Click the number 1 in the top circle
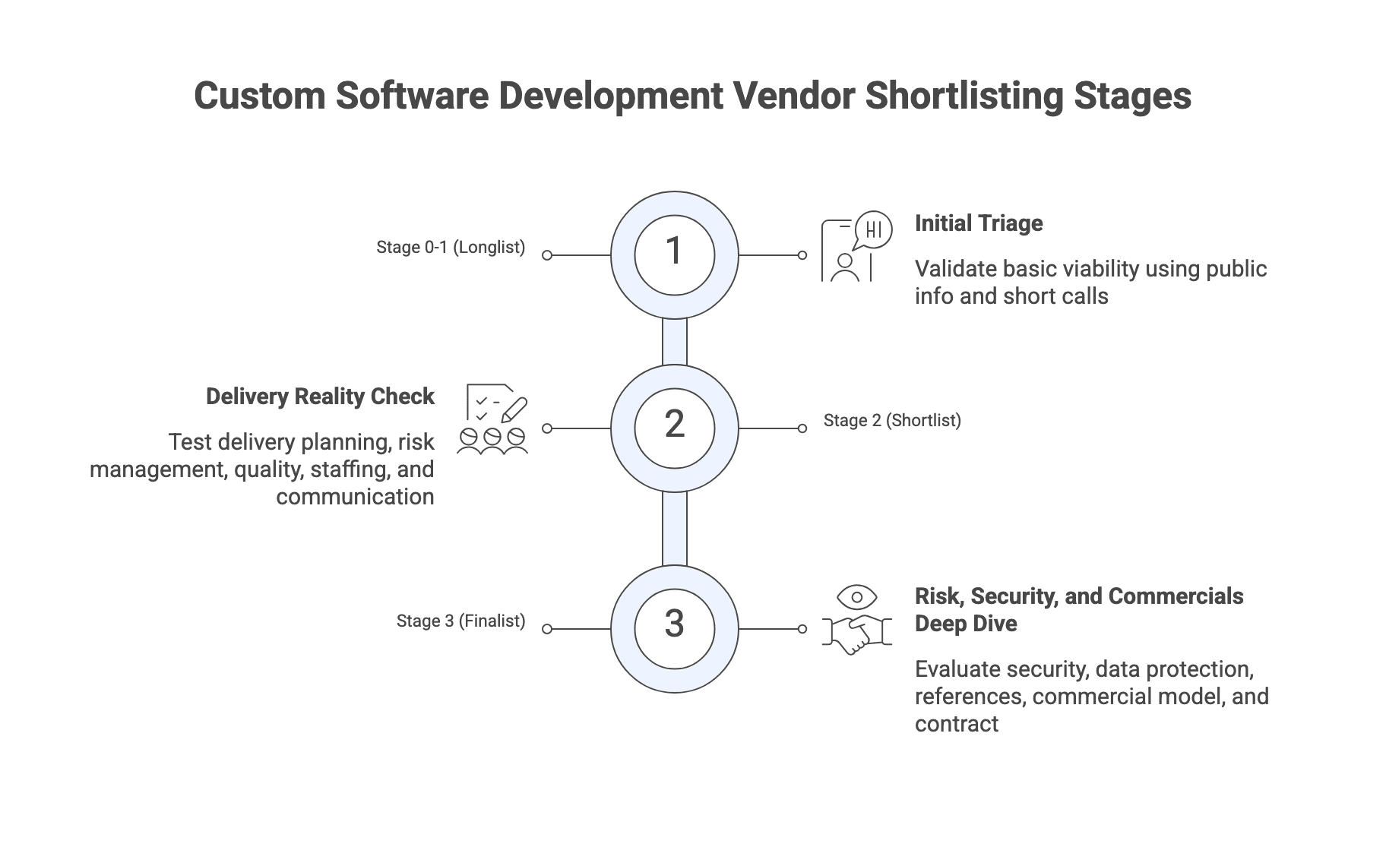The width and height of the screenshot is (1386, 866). tap(674, 252)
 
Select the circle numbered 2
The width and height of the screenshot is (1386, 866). tap(675, 427)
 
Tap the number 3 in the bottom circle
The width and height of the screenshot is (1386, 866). tap(675, 624)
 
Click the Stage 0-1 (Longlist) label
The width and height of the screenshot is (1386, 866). tap(451, 248)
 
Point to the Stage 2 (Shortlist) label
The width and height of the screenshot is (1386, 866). tap(892, 421)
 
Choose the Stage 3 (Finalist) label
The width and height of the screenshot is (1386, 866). tap(460, 621)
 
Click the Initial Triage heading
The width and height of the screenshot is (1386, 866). tap(979, 223)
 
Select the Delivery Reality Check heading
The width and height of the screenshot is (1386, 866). tap(320, 397)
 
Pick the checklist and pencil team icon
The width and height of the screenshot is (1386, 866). tap(493, 419)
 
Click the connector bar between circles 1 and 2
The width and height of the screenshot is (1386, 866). tap(675, 342)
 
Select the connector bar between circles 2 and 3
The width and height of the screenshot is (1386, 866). tap(675, 529)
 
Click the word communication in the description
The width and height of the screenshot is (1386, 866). tap(355, 497)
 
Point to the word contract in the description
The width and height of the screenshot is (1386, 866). tap(956, 724)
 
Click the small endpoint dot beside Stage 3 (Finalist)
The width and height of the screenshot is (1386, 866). tap(547, 629)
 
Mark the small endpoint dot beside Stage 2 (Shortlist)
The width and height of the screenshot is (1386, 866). tap(802, 428)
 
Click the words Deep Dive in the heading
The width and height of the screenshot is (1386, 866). tap(966, 624)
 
